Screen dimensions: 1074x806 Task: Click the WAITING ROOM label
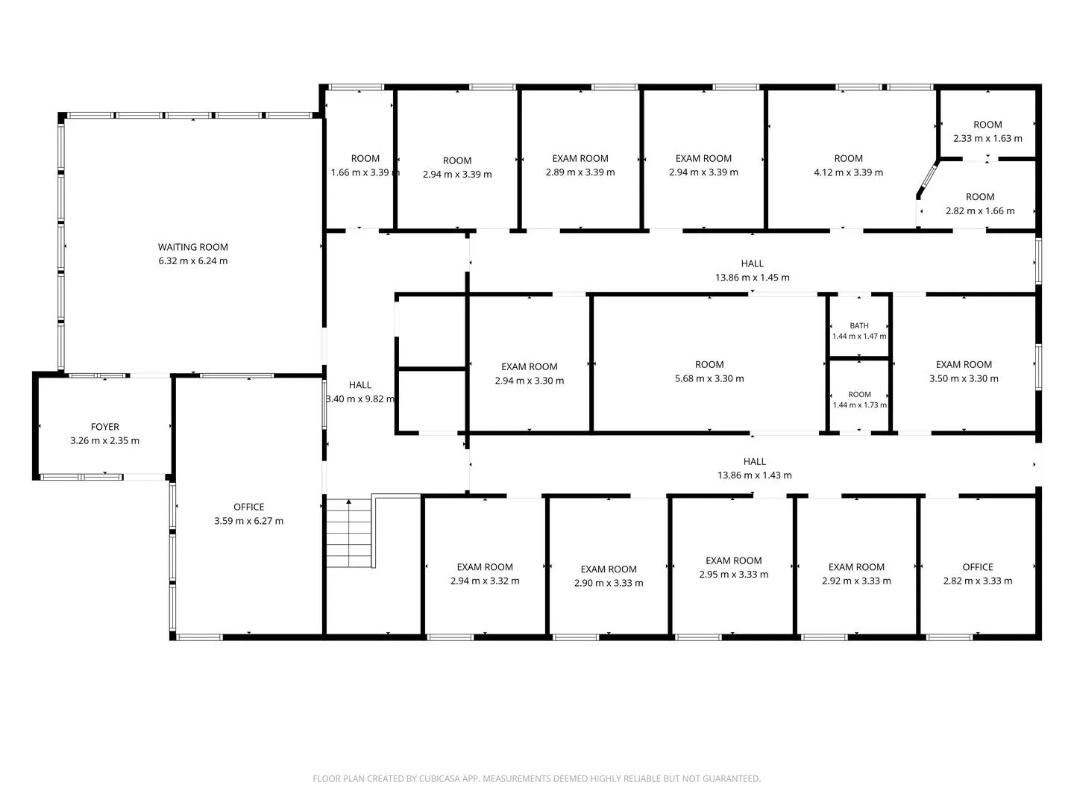pos(192,247)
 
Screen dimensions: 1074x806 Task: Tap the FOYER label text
pos(104,427)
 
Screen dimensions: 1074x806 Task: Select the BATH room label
pos(858,325)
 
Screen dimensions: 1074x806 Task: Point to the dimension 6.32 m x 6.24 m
pos(192,261)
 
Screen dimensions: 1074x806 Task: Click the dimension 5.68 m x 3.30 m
pos(709,378)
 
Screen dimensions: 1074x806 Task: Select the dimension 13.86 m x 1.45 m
pos(752,278)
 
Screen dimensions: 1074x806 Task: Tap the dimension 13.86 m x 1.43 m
pos(754,475)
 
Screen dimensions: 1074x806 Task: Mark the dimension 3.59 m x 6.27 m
pos(248,521)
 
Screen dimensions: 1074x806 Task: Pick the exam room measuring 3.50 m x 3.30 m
pos(964,365)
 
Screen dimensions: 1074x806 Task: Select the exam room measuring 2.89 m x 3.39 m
pos(580,158)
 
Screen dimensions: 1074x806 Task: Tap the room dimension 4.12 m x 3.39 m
pos(848,172)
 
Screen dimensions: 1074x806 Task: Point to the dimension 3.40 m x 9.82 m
pos(360,399)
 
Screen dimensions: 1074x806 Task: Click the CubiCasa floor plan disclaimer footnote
pos(537,778)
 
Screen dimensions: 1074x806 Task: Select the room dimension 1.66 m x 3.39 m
pos(365,172)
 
